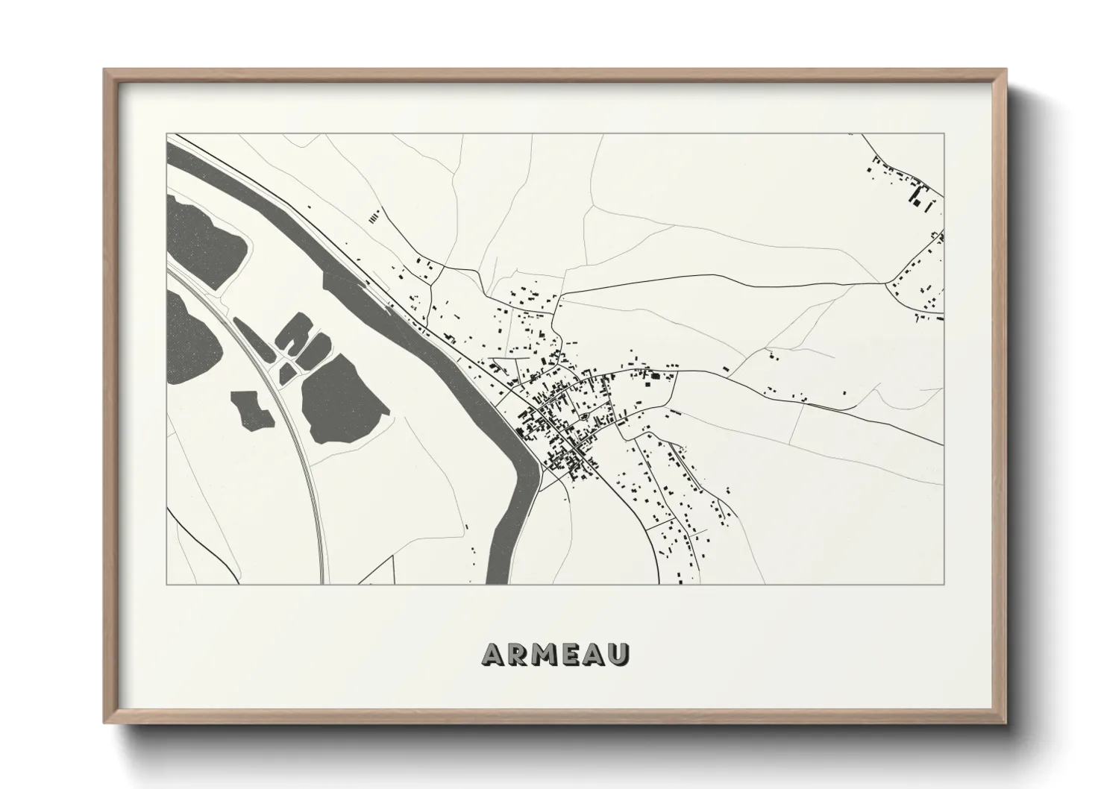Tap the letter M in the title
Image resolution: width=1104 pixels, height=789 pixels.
(545, 655)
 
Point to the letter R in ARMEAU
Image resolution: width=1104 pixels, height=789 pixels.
(518, 655)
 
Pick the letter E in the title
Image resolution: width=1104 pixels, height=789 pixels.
(571, 655)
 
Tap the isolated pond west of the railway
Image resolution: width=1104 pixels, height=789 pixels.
(252, 409)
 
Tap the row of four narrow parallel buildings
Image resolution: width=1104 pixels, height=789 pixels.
(374, 216)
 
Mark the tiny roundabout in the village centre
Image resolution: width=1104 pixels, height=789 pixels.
(586, 416)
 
